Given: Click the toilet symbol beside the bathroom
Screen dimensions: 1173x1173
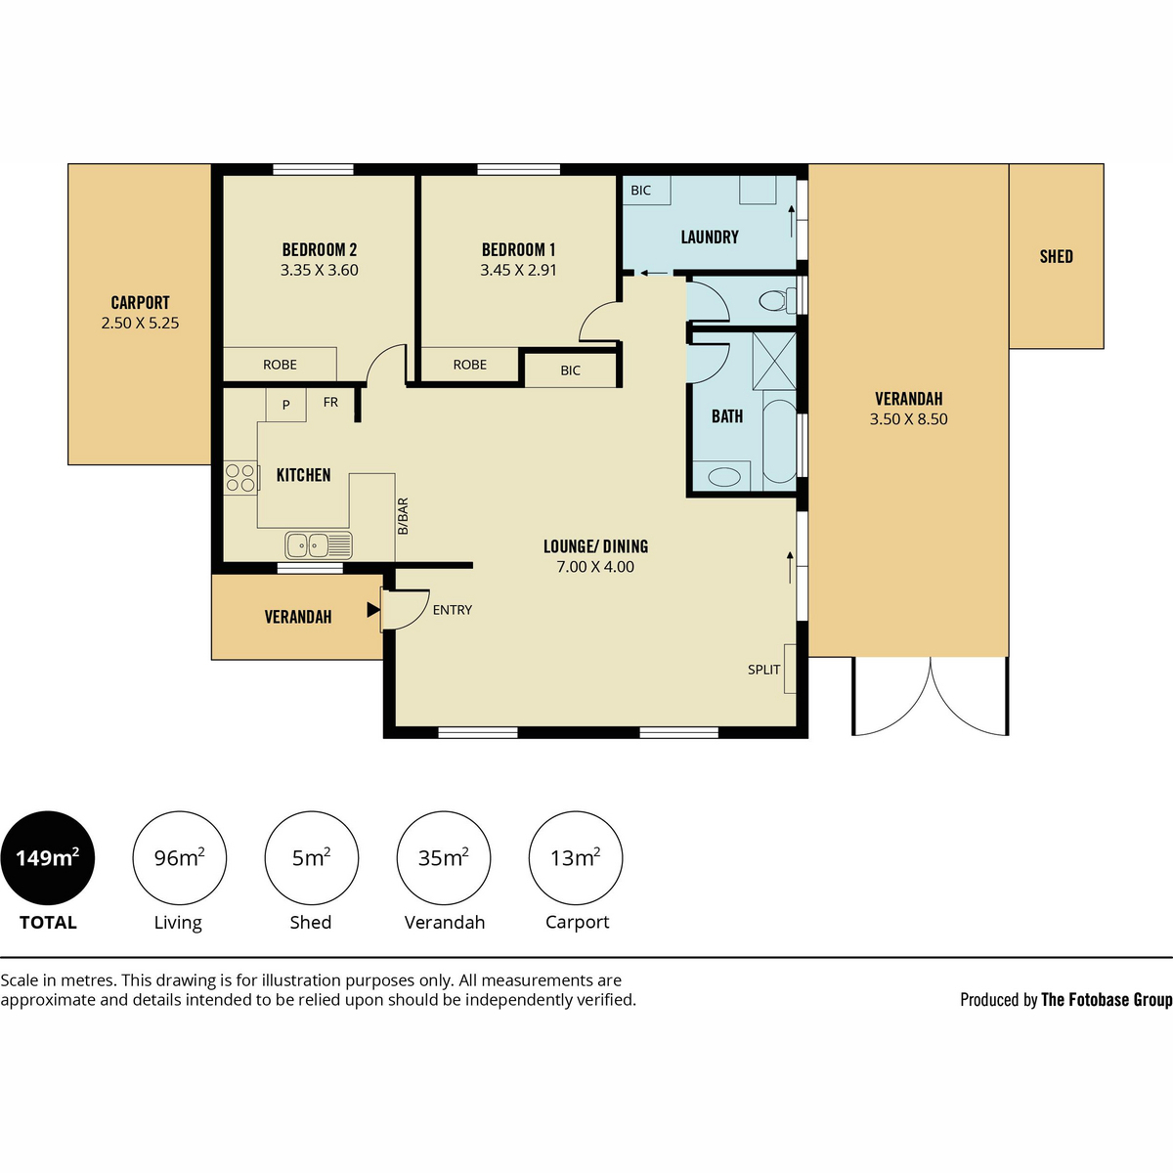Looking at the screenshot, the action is click(x=777, y=300).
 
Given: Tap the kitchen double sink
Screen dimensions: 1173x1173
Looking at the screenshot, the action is click(x=319, y=544).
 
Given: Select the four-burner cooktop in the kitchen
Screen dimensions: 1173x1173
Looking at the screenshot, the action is click(x=240, y=478).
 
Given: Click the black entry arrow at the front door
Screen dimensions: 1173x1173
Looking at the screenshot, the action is click(x=373, y=609).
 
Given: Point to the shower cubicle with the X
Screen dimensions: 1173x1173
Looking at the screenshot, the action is click(x=774, y=361).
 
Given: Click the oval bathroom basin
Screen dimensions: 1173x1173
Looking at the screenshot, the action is click(x=724, y=477).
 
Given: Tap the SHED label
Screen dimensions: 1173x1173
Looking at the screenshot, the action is click(x=1056, y=257).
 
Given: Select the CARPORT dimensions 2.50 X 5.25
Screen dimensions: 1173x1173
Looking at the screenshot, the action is click(x=140, y=323).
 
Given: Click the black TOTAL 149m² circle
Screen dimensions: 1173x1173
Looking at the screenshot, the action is click(x=48, y=857).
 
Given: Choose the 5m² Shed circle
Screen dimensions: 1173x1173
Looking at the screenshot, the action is click(x=311, y=857).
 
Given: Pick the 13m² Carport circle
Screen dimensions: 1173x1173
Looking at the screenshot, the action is click(x=575, y=857).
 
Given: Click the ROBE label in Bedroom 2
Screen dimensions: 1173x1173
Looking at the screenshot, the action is click(x=280, y=365).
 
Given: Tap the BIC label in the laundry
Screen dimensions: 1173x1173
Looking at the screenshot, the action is click(x=640, y=191).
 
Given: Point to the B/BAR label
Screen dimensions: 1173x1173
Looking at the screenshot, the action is click(x=403, y=516).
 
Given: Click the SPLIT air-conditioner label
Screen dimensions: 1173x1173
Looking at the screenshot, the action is click(x=764, y=670).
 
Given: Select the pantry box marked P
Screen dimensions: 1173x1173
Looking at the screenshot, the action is click(x=286, y=405).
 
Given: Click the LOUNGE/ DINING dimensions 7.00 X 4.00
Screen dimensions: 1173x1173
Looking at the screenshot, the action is click(x=595, y=567).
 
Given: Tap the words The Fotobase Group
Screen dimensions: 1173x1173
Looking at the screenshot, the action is click(x=1107, y=1000).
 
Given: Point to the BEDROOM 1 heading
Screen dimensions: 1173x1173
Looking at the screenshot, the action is click(x=518, y=249).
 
